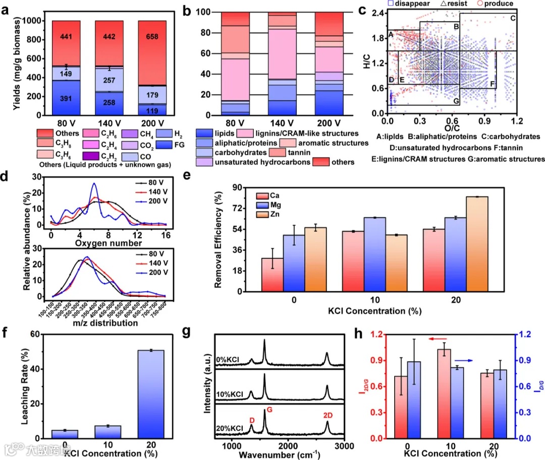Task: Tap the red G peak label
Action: click(269, 409)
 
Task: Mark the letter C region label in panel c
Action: click(513, 18)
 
